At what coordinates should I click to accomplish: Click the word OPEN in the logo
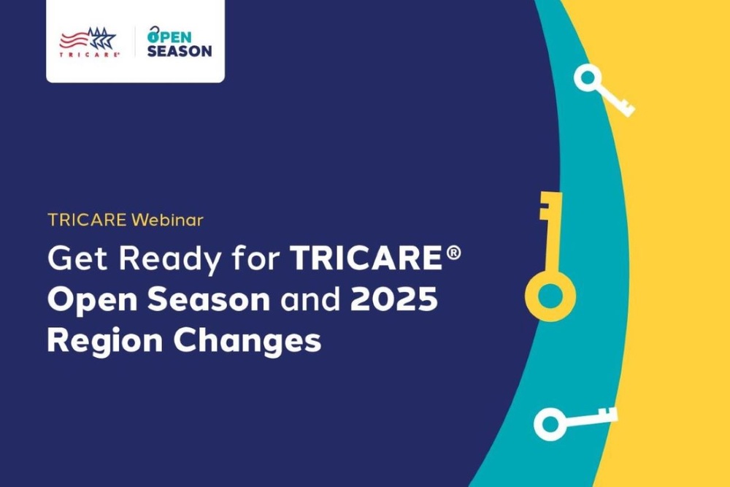[169, 34]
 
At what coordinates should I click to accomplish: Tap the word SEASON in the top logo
[180, 51]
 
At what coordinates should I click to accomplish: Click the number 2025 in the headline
[397, 299]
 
